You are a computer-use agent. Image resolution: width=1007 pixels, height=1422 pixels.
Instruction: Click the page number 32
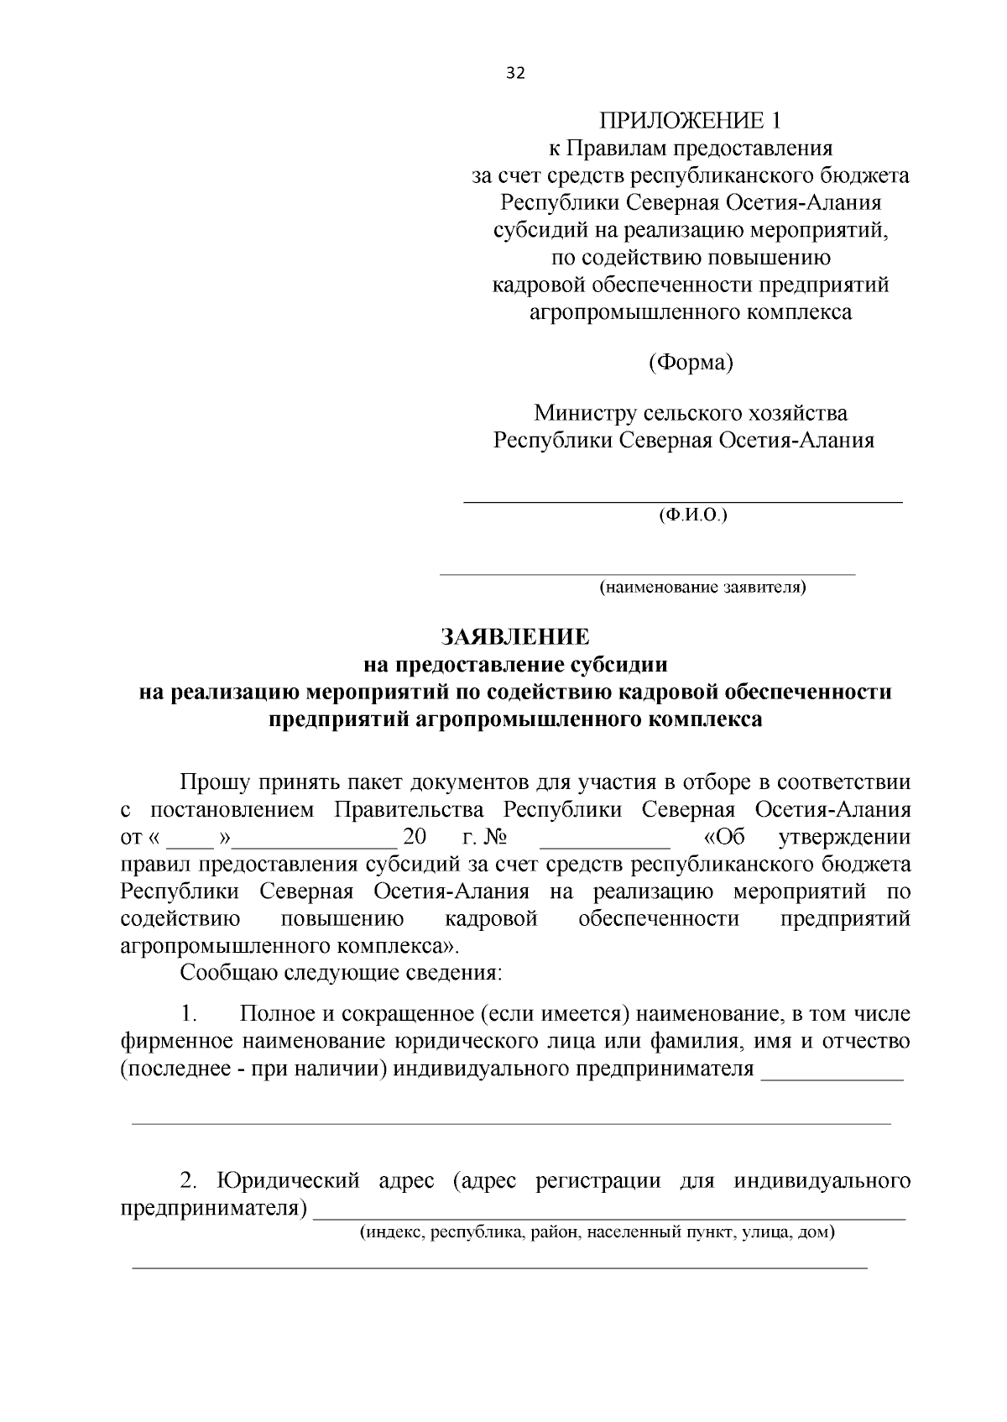[x=515, y=73]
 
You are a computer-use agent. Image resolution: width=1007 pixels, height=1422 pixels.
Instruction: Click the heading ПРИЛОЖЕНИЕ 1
[x=689, y=121]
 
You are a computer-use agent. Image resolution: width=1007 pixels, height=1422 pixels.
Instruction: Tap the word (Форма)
[x=690, y=363]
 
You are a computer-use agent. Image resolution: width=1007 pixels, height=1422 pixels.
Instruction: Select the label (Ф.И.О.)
[x=692, y=515]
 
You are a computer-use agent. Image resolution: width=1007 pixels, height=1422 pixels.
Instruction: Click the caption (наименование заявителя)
[x=702, y=587]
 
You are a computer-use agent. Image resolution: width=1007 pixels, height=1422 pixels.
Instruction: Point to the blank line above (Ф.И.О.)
[x=683, y=501]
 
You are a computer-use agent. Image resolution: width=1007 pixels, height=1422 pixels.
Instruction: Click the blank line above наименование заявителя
[x=648, y=575]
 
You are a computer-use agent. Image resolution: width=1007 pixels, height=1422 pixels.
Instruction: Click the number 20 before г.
[x=415, y=838]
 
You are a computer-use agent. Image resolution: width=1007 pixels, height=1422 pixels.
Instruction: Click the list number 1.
[x=189, y=1014]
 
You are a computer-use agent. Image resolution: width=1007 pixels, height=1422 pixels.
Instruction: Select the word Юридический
[x=288, y=1181]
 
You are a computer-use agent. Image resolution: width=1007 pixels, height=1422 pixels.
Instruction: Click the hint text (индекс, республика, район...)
[x=597, y=1233]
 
